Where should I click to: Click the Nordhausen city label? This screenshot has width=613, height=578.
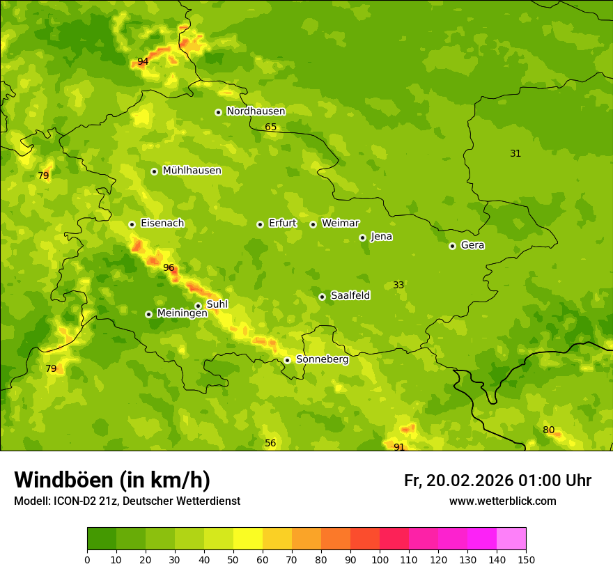pyautogui.click(x=256, y=111)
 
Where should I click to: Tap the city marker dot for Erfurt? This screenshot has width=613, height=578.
pyautogui.click(x=260, y=224)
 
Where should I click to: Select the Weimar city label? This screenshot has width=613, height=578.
pyautogui.click(x=340, y=224)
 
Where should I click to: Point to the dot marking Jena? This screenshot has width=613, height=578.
pyautogui.click(x=362, y=237)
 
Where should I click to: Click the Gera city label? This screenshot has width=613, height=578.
pyautogui.click(x=472, y=245)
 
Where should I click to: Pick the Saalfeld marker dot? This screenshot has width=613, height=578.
pyautogui.click(x=322, y=297)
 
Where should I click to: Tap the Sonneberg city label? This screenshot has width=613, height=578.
pyautogui.click(x=322, y=359)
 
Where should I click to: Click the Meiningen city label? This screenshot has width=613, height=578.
pyautogui.click(x=182, y=313)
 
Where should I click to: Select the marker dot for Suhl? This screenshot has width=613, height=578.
pyautogui.click(x=198, y=306)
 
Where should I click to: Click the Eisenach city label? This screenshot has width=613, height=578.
pyautogui.click(x=162, y=224)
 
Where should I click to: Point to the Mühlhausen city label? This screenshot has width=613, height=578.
pyautogui.click(x=192, y=171)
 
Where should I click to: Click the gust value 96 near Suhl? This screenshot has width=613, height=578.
pyautogui.click(x=169, y=267)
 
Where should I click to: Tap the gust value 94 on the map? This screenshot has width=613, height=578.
pyautogui.click(x=143, y=61)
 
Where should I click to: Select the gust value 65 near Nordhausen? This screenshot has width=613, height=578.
pyautogui.click(x=271, y=127)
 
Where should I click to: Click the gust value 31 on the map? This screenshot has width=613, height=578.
pyautogui.click(x=515, y=153)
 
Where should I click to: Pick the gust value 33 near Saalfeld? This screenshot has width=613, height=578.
pyautogui.click(x=398, y=285)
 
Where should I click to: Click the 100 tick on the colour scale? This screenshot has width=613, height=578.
pyautogui.click(x=380, y=559)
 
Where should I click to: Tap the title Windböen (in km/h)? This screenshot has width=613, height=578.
pyautogui.click(x=112, y=480)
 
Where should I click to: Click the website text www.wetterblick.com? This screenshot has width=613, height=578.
pyautogui.click(x=502, y=501)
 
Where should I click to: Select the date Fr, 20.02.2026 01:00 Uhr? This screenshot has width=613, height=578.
pyautogui.click(x=497, y=481)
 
